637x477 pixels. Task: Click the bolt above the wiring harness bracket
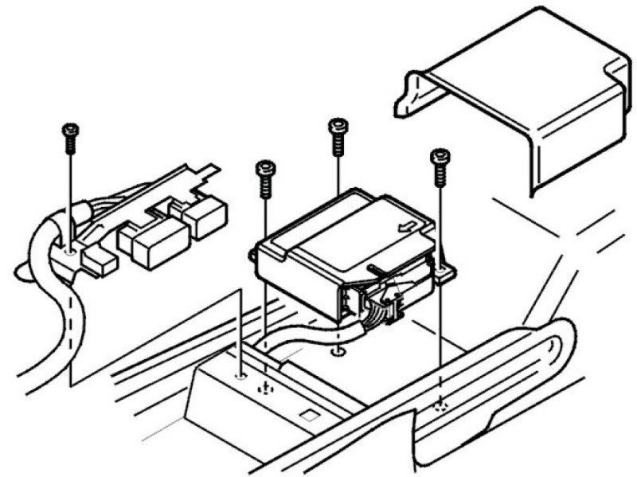(x=70, y=136)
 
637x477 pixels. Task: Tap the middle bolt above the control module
(x=338, y=136)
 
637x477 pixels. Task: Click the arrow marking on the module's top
(x=404, y=226)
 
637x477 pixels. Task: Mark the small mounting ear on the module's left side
(x=254, y=255)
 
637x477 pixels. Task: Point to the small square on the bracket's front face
(x=308, y=415)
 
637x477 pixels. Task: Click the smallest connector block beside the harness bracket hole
(x=100, y=261)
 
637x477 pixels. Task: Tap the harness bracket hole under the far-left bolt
(x=70, y=252)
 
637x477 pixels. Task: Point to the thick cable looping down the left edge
(x=36, y=319)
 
